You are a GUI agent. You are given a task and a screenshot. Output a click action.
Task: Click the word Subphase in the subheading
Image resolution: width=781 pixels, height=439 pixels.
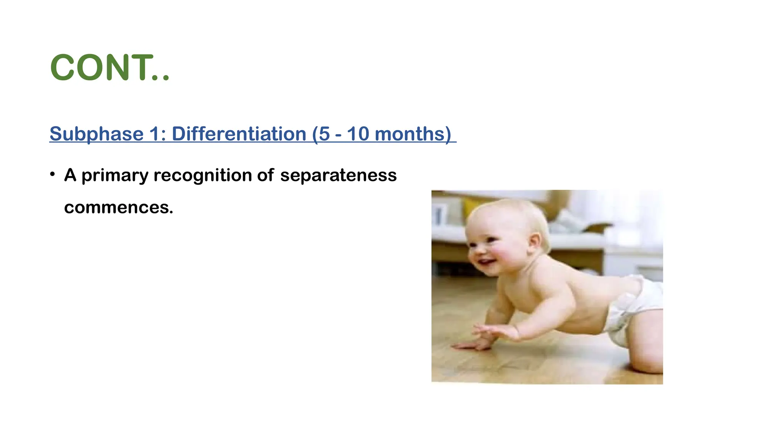coord(96,134)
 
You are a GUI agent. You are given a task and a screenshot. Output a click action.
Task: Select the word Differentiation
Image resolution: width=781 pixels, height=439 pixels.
coord(239,134)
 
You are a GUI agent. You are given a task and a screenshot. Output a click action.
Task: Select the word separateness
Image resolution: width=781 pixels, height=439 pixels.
coord(338,176)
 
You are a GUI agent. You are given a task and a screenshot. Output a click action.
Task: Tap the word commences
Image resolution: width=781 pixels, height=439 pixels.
coord(118,208)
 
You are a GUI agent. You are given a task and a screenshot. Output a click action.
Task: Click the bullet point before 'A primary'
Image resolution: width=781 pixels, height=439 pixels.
coord(53,175)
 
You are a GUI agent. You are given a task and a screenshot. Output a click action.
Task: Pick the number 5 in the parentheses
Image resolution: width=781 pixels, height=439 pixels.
coord(324,134)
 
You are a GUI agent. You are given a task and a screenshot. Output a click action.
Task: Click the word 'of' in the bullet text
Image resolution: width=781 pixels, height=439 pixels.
coord(265,176)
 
